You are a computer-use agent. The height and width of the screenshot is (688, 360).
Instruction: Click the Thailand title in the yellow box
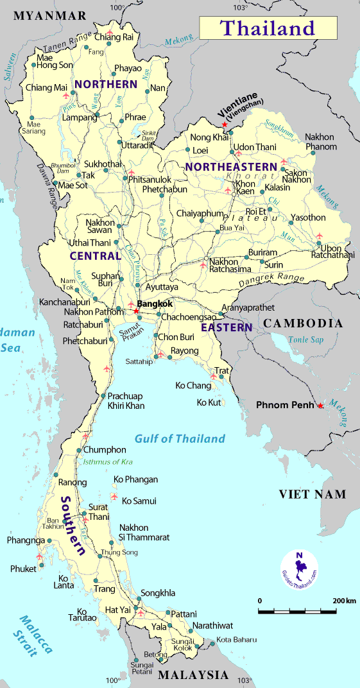(268, 28)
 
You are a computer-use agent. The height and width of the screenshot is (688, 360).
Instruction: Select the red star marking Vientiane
(224, 124)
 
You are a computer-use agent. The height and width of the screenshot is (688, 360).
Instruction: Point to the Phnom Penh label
(285, 405)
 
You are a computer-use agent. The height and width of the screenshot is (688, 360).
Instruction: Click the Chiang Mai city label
(46, 87)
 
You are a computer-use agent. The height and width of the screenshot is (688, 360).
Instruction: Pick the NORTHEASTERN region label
(230, 167)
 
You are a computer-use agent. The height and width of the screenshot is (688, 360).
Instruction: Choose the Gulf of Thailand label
(180, 439)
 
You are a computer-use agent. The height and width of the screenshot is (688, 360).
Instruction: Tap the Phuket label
(24, 569)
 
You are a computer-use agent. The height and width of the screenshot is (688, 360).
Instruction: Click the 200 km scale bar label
(344, 601)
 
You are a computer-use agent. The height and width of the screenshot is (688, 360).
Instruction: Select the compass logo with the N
(300, 567)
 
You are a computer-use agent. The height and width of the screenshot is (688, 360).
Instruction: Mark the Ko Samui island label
(139, 501)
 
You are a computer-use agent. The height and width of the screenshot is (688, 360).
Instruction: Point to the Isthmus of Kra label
(108, 461)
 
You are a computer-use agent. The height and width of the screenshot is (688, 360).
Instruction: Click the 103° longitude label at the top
(239, 8)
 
